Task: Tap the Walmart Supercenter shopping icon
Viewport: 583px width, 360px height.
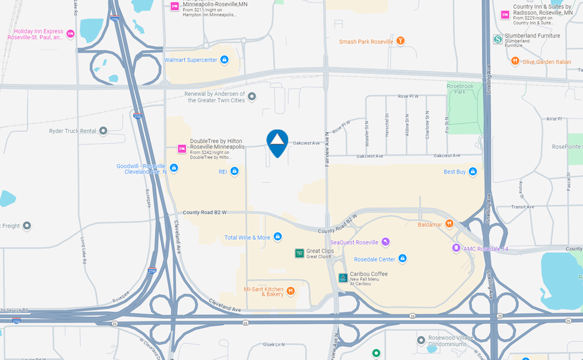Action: (224, 59)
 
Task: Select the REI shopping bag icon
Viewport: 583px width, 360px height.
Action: (234, 172)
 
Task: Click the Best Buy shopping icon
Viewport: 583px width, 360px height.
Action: (472, 172)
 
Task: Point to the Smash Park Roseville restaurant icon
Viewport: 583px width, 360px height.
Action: (401, 41)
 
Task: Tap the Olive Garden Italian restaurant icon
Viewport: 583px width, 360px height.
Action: (515, 61)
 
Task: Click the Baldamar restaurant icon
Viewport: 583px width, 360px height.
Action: (449, 224)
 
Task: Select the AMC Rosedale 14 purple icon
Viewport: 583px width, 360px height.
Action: (456, 248)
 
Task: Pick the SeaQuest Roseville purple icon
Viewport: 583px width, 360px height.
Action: (385, 242)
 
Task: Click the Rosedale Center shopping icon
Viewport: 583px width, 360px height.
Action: (402, 258)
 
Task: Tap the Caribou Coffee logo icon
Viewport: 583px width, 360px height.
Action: (343, 277)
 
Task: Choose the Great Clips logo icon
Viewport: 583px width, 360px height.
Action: (300, 253)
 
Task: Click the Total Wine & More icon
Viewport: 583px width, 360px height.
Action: (277, 237)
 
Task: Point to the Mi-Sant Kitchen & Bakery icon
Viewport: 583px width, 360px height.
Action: (291, 290)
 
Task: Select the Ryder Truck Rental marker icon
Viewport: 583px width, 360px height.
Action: (103, 131)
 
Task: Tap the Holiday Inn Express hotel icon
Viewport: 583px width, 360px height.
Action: (71, 34)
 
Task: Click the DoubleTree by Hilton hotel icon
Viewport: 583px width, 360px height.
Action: (182, 149)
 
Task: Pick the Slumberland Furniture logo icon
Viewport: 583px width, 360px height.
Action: (497, 39)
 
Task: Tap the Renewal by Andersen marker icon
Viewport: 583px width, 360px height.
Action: (252, 96)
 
